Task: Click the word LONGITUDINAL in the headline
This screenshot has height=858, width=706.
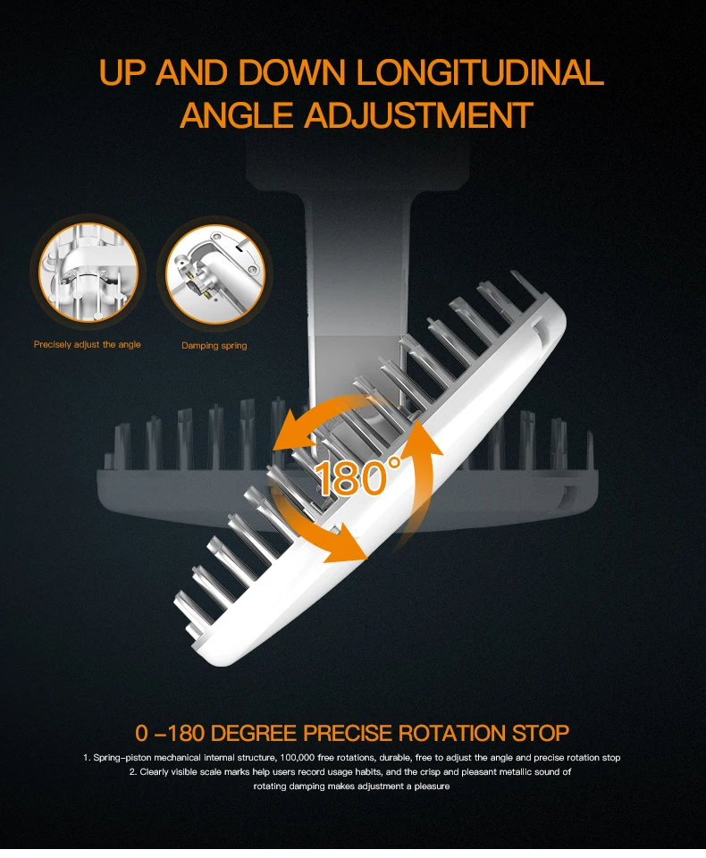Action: [480, 72]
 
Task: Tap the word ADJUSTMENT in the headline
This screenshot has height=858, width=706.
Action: [418, 115]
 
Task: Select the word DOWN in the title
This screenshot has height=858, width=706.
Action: [291, 72]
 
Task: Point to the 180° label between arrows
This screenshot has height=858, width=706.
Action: [358, 477]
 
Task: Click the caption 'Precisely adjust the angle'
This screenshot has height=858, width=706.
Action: [87, 344]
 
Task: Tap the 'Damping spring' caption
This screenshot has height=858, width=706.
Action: [214, 345]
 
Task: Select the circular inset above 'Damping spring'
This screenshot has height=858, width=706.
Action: [215, 273]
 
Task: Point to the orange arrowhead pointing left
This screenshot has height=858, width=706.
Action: [293, 433]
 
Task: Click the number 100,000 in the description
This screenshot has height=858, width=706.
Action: [298, 758]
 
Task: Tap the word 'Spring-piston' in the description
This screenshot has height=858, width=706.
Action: [122, 758]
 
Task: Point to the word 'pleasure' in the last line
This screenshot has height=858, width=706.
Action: [432, 786]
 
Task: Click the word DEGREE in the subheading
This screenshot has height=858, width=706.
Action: [255, 733]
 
